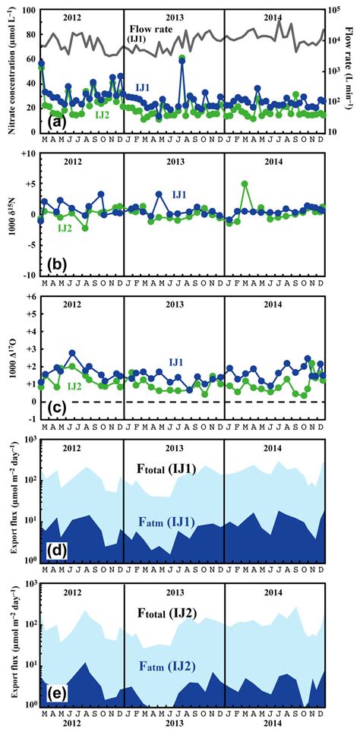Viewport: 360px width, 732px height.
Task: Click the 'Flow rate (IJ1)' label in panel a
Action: [149, 33]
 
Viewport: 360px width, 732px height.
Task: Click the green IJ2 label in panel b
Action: [66, 227]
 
